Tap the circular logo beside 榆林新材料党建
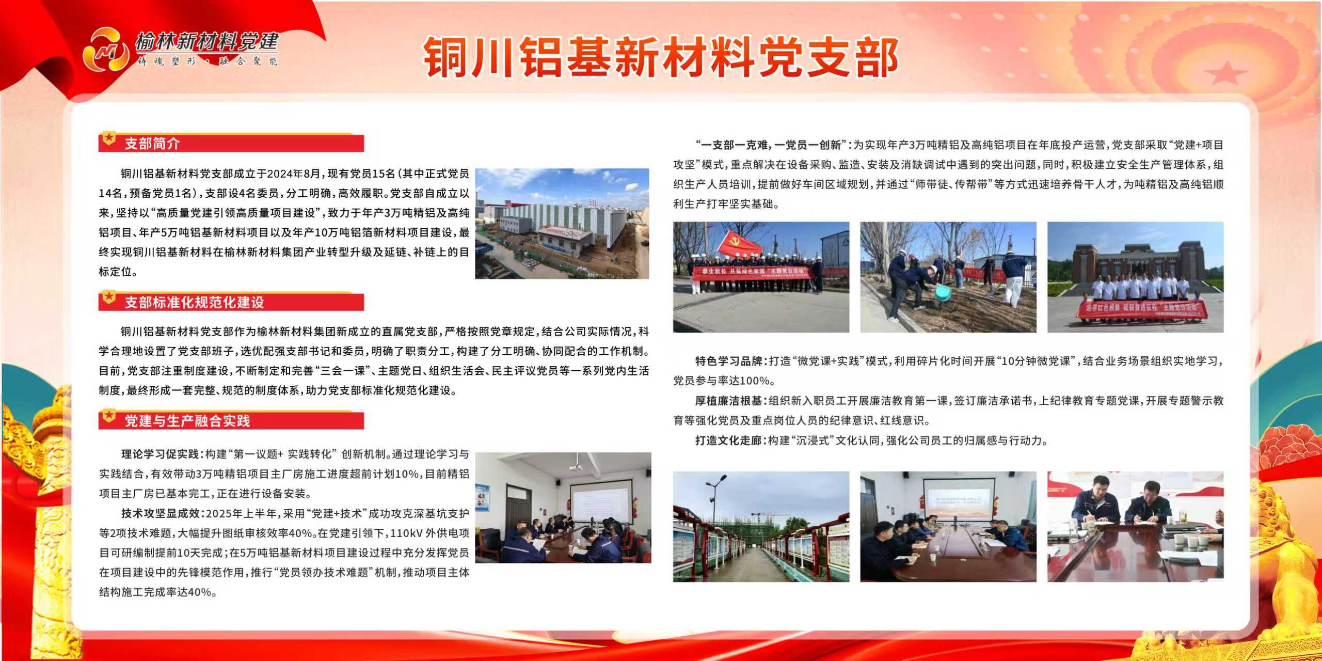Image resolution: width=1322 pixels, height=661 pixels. [106, 49]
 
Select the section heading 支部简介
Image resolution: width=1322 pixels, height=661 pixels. [152, 144]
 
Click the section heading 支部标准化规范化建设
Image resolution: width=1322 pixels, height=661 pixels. [194, 302]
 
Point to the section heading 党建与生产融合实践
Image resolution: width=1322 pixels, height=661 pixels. [187, 421]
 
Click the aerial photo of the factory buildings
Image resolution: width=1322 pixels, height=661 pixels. [562, 224]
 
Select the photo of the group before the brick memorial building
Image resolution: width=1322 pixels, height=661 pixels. [1135, 277]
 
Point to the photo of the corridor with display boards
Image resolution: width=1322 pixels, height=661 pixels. [761, 527]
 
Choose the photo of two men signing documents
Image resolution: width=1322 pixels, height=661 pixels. [1135, 527]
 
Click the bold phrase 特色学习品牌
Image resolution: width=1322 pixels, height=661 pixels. [728, 361]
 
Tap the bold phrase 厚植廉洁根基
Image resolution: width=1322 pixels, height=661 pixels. [728, 401]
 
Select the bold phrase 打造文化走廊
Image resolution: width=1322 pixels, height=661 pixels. [728, 440]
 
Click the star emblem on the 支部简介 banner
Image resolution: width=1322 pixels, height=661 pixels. [108, 139]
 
